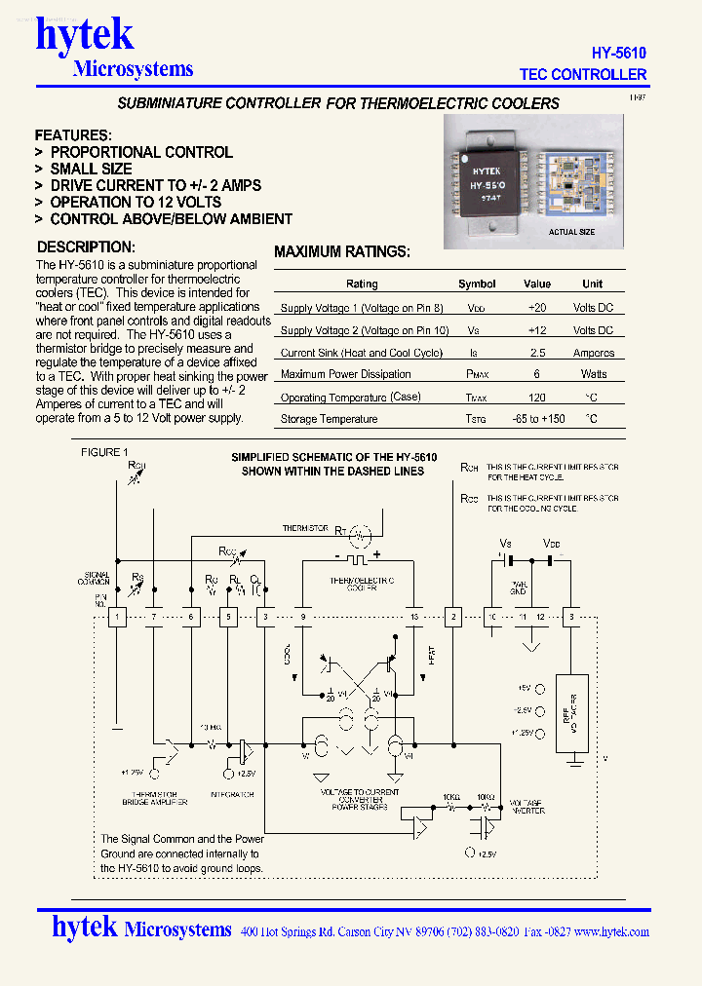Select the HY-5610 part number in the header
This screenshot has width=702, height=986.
point(618,54)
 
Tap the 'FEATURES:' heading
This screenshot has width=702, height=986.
point(73,135)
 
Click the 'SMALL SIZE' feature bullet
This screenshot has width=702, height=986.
point(91,169)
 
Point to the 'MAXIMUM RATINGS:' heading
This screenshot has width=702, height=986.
point(342,251)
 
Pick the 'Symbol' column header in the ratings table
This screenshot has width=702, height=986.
point(477,284)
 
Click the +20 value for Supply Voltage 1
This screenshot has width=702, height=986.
point(536,307)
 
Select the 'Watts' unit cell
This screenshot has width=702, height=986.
point(593,374)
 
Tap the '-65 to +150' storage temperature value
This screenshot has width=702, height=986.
point(537,419)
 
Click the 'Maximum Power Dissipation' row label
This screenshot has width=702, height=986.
point(345,374)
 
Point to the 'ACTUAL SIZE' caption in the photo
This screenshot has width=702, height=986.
point(571,232)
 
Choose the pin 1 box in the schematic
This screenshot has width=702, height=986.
point(117,617)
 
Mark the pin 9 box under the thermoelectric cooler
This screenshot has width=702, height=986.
point(303,617)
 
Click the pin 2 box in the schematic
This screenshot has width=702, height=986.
point(452,617)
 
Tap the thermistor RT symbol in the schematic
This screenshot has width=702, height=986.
point(360,533)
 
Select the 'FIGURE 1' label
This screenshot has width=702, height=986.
point(103,452)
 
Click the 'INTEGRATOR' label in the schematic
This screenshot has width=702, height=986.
point(231,795)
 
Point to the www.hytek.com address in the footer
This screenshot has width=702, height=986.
point(611,931)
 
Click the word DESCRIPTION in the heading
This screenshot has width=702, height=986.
point(85,247)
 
